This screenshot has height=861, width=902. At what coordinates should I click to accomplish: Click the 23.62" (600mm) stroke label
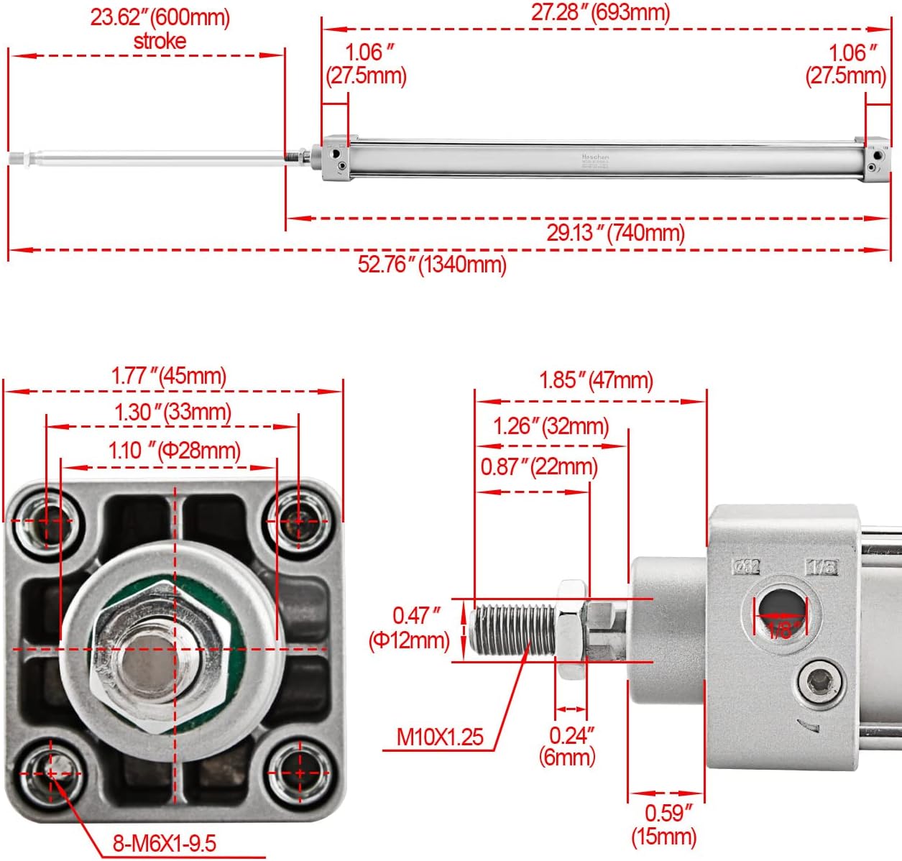160,28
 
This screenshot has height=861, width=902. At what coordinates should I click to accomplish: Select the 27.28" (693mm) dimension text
600,12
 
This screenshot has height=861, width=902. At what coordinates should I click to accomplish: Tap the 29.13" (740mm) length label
615,232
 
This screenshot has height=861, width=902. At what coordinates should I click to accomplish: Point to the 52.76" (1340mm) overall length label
432,264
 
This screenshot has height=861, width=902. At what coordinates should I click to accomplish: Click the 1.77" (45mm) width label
169,376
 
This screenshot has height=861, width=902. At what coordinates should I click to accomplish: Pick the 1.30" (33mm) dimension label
172,412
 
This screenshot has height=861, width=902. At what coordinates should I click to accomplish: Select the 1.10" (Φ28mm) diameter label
174,451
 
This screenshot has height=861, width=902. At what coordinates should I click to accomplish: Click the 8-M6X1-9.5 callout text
164,842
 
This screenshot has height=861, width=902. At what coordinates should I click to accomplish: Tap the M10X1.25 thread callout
440,737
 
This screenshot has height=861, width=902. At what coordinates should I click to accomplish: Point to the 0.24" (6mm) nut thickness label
568,745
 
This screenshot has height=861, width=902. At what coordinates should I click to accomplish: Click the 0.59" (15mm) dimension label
663,824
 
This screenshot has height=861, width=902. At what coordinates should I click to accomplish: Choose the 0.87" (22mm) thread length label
539,466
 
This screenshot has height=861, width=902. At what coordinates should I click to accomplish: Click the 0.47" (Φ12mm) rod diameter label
409,627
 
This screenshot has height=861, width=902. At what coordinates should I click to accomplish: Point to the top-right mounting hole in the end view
300,520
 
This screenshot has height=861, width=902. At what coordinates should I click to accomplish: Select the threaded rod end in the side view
510,630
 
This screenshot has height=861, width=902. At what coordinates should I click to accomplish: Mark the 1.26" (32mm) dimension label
551,426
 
